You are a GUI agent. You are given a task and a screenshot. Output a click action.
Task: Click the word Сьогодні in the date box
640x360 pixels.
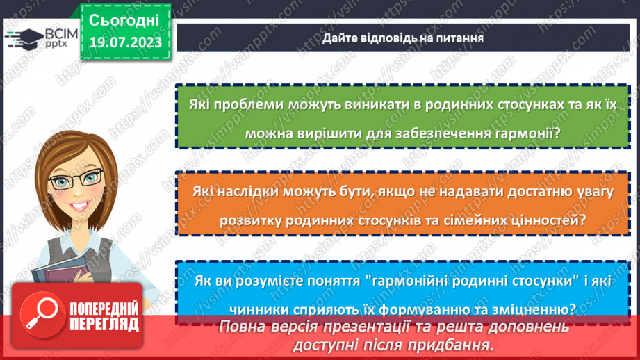point(124,19)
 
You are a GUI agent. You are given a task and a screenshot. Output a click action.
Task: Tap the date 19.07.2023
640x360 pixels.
point(124,43)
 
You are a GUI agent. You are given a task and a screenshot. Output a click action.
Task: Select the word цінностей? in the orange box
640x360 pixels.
point(546,221)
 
